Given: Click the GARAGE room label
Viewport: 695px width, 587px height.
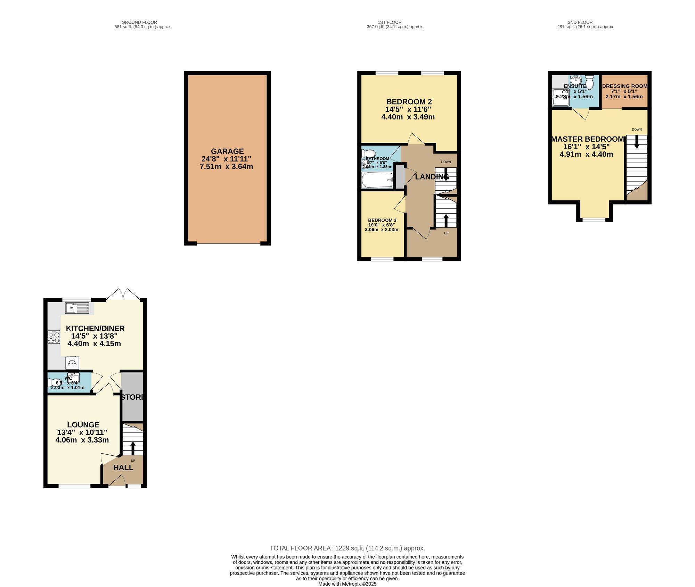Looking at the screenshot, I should point(227,151).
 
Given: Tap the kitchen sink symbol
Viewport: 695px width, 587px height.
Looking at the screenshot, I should point(77,308).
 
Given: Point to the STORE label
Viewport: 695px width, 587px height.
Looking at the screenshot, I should point(133,397).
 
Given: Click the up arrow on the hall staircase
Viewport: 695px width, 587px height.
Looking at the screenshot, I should point(133,448).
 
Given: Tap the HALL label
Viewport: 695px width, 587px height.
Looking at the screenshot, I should point(123,468).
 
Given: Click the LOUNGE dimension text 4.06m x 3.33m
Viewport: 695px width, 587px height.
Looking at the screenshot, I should point(82,440).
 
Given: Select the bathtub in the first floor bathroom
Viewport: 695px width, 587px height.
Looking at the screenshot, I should point(377,180).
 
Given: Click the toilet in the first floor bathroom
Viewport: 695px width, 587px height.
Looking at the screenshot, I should point(369,154).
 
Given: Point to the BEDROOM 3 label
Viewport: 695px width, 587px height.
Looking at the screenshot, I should point(382,220).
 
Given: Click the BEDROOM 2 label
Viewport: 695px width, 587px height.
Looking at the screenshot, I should point(409,102).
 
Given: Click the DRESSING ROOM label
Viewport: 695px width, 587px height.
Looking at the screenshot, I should point(624,86).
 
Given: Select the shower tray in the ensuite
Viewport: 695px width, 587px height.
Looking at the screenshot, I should point(561,98).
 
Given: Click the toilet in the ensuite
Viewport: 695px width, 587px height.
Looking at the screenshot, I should point(590,82).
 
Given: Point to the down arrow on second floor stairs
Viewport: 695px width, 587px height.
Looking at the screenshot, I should point(637,142).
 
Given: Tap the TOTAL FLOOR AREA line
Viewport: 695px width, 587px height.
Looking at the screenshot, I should point(347,548).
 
